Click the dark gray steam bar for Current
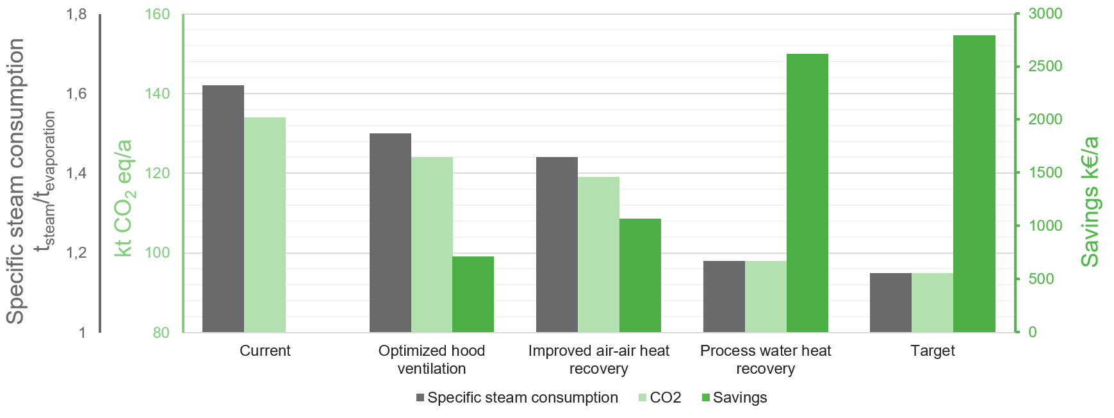223,208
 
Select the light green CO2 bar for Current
265,224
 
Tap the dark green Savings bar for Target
974,183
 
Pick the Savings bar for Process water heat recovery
807,192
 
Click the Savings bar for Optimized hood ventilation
473,294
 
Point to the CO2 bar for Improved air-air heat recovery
598,255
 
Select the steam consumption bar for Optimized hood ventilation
390,233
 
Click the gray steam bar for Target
890,303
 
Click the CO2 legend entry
660,398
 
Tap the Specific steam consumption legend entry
517,398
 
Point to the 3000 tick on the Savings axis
1045,13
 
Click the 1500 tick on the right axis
1045,172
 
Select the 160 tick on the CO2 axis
158,14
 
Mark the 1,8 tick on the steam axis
77,14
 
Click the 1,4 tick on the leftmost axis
77,173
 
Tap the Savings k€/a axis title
1089,201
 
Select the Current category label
265,351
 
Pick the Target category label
932,351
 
